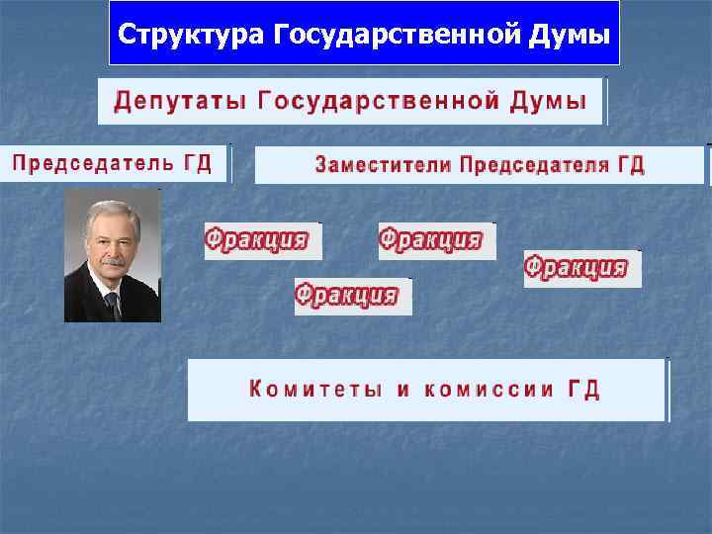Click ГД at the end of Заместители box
click(x=631, y=165)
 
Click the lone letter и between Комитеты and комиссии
click(x=402, y=390)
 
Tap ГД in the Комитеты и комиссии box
click(x=583, y=390)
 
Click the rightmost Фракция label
click(x=577, y=267)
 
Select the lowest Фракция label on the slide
click(x=346, y=295)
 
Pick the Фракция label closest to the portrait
click(x=257, y=239)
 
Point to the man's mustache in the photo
click(x=113, y=262)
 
